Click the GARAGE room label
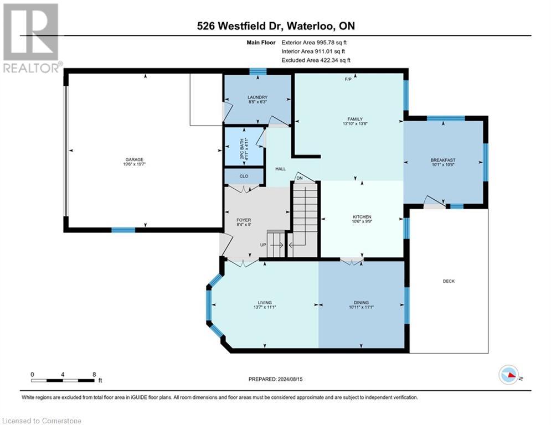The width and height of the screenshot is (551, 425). [x=134, y=160]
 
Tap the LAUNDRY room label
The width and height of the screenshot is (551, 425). [x=257, y=97]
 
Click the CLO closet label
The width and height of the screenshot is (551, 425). [x=243, y=176]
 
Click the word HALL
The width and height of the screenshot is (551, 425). [x=280, y=169]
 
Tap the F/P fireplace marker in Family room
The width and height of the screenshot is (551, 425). [x=348, y=80]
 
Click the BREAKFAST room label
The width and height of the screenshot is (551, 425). [x=443, y=160]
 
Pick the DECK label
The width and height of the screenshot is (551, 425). [x=449, y=281]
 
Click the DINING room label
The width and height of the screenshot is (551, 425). [x=362, y=303]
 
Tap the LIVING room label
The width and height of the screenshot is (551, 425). [x=264, y=303]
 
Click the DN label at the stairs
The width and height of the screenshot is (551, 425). [x=300, y=178]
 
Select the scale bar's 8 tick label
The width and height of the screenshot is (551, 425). [x=94, y=374]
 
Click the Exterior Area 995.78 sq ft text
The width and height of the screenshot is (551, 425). [x=315, y=42]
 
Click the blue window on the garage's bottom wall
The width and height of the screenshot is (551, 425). [x=123, y=230]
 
